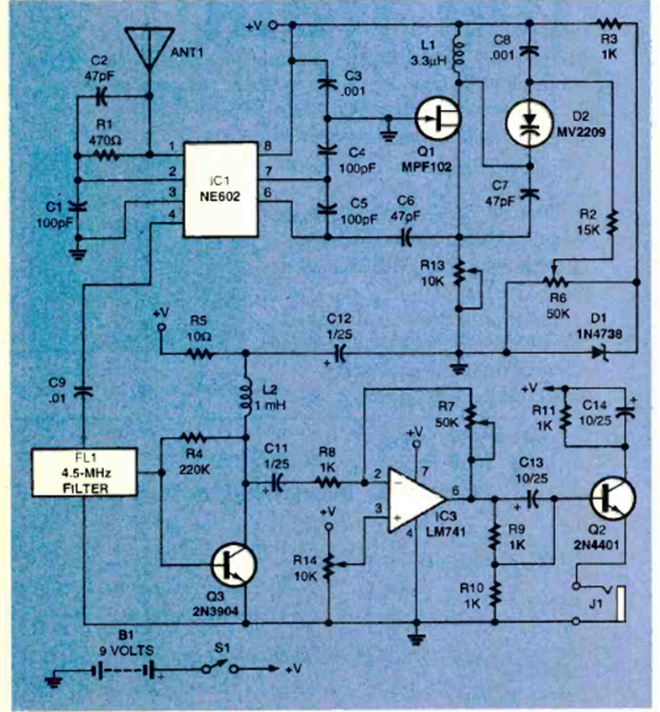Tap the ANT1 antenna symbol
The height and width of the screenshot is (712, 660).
(x=147, y=47)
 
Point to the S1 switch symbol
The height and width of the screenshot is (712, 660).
(x=218, y=669)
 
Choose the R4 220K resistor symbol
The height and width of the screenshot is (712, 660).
(x=194, y=437)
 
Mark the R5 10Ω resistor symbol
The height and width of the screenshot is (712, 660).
(x=198, y=354)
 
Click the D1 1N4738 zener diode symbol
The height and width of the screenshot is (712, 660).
(x=598, y=354)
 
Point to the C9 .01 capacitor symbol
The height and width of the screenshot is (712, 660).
(x=82, y=389)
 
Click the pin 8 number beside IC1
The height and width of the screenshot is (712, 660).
(x=268, y=145)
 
